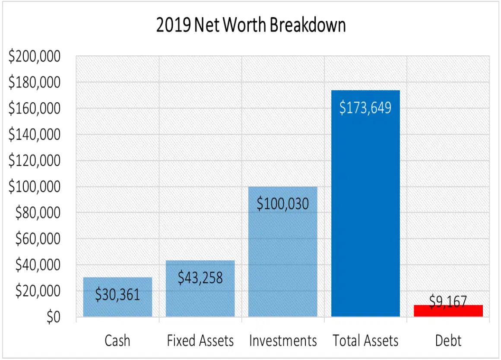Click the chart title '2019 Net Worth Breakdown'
pos(251,25)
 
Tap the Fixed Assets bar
pos(200,298)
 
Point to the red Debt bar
pos(448,312)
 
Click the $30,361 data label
pos(117,295)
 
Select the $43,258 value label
pos(200,278)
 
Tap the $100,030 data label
pos(282,203)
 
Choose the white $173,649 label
pos(365,107)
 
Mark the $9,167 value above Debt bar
pos(448,301)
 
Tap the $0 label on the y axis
pos(54,317)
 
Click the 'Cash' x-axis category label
pos(117,341)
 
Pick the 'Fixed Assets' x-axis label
pos(200,341)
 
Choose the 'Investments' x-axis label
pos(282,341)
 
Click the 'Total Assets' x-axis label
pos(365,341)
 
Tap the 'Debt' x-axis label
pos(448,341)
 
